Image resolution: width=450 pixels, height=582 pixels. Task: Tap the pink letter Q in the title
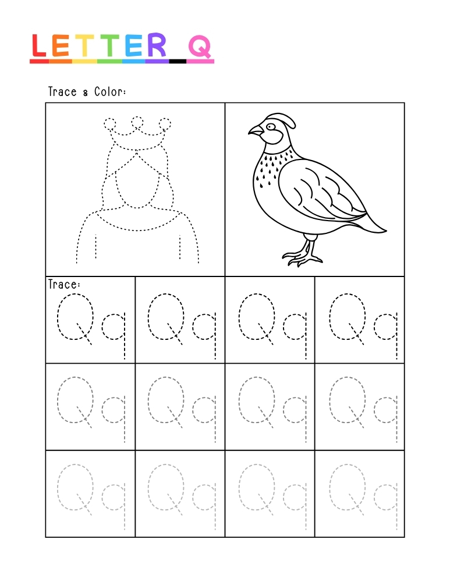click(x=200, y=47)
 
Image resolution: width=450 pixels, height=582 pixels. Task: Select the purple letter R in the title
click(x=156, y=45)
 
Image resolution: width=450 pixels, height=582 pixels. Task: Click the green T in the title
click(x=108, y=45)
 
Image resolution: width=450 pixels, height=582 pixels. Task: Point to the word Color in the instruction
click(x=110, y=92)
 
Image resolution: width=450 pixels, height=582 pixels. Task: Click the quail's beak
click(x=254, y=131)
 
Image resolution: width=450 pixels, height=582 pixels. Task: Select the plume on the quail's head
click(x=286, y=120)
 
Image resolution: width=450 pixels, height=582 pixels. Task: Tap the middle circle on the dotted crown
click(x=137, y=122)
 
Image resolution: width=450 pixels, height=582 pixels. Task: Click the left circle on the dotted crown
click(x=110, y=123)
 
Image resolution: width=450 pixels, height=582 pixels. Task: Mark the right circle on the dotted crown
click(x=165, y=123)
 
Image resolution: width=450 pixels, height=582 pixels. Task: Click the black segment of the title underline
click(x=178, y=61)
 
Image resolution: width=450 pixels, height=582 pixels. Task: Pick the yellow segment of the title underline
click(x=84, y=61)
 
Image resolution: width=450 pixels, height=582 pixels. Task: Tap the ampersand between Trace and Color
click(x=86, y=93)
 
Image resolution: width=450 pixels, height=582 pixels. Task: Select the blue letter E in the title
click(x=133, y=45)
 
